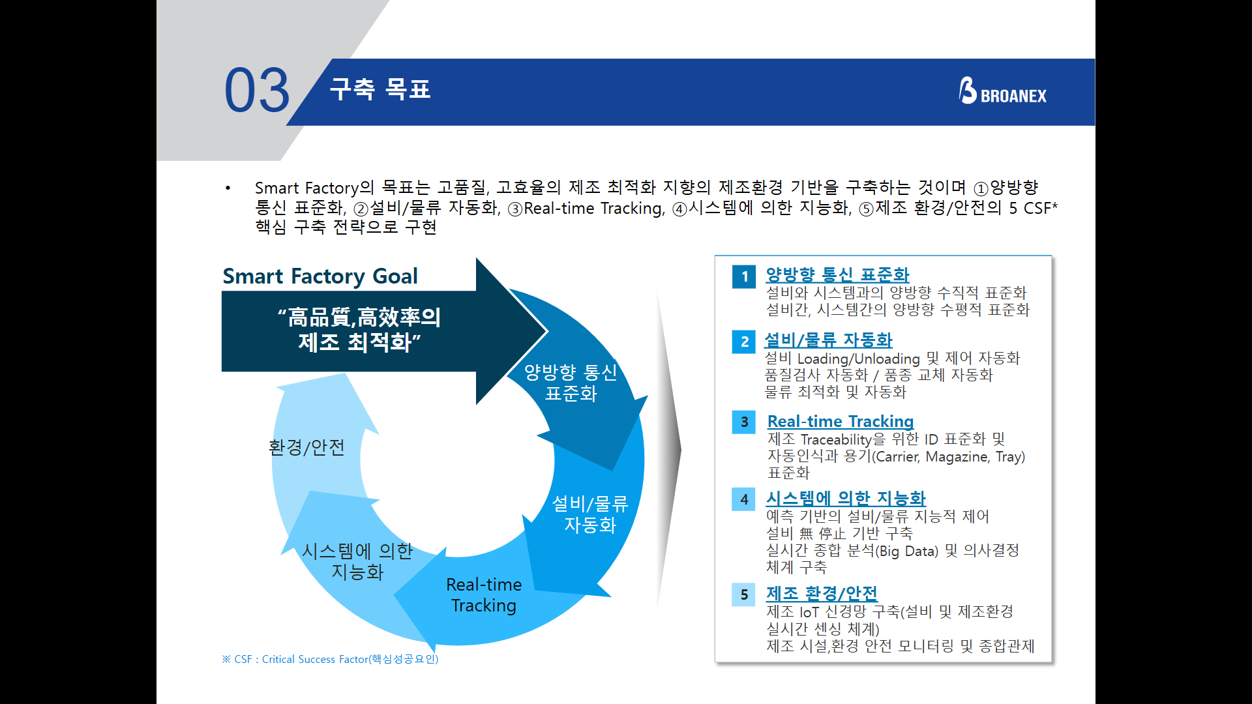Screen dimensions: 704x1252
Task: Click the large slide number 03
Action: pos(257,91)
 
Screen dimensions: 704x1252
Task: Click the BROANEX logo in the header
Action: pos(1002,92)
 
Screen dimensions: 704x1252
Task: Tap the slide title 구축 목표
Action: pos(380,89)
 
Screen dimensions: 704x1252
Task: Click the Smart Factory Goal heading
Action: pos(320,276)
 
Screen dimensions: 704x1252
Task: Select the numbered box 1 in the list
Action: pos(744,276)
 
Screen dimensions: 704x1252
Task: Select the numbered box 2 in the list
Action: pos(744,342)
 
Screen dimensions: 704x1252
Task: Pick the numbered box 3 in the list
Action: pos(744,422)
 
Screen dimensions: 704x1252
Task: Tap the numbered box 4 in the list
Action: pos(744,499)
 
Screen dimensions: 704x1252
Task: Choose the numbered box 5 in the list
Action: pos(744,594)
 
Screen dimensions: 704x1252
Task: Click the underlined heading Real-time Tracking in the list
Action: pos(840,422)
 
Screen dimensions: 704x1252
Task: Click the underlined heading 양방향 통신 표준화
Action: pos(837,275)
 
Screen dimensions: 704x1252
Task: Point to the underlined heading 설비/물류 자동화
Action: pos(828,340)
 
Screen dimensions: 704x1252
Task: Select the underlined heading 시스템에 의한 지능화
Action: pos(846,499)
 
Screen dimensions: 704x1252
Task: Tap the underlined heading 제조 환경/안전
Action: pos(822,594)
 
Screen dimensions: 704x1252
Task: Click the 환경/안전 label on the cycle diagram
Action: pos(306,447)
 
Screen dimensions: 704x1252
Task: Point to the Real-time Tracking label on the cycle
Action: pos(484,594)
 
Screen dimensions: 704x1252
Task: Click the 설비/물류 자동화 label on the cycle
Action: pos(589,514)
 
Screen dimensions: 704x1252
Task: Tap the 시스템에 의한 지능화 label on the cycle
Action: pos(357,561)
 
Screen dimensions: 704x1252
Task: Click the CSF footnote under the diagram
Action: pos(330,659)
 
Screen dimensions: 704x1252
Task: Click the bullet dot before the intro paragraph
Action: pos(228,188)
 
